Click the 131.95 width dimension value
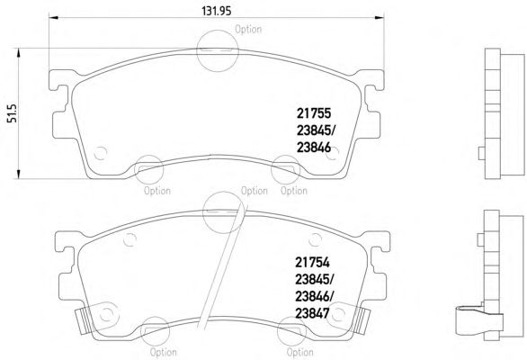217,11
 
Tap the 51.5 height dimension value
12,113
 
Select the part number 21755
314,113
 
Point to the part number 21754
313,263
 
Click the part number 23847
312,313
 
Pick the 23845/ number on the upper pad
316,130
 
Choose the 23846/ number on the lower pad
315,296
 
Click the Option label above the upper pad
248,30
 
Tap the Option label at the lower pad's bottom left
164,352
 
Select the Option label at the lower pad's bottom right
299,352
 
